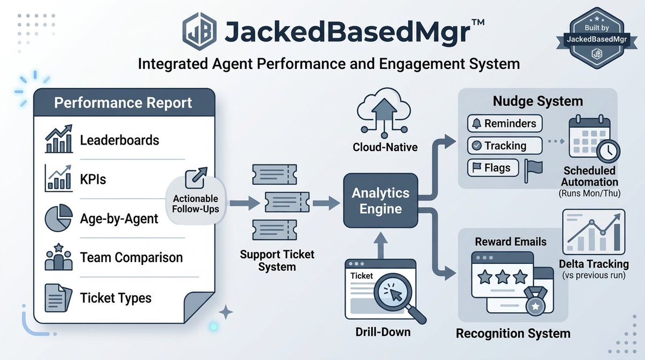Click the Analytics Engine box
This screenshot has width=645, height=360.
tap(381, 200)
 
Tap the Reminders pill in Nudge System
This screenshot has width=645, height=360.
tap(505, 124)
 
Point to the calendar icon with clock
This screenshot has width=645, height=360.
tap(591, 139)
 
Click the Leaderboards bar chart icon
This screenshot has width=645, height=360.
tap(59, 140)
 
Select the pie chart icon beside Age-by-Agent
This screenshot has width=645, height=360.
tap(58, 218)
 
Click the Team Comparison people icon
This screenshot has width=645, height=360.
tap(58, 257)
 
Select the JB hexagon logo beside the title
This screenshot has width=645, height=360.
tap(199, 31)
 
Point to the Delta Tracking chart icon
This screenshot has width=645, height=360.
tap(593, 233)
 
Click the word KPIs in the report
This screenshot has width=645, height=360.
tap(93, 179)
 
